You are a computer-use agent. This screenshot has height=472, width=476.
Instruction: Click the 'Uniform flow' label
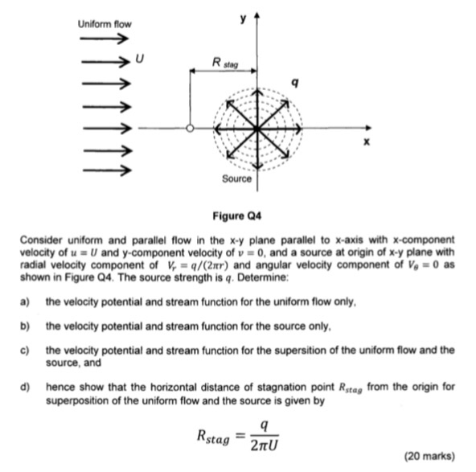[x=104, y=24]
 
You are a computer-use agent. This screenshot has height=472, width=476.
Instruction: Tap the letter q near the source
[x=295, y=81]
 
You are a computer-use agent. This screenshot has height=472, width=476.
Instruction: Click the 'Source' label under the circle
[x=236, y=179]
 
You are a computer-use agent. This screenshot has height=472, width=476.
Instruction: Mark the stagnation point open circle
[x=191, y=129]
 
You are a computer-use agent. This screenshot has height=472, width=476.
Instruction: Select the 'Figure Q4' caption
[x=237, y=217]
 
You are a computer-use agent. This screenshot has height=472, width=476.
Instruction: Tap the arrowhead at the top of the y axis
[x=258, y=18]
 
